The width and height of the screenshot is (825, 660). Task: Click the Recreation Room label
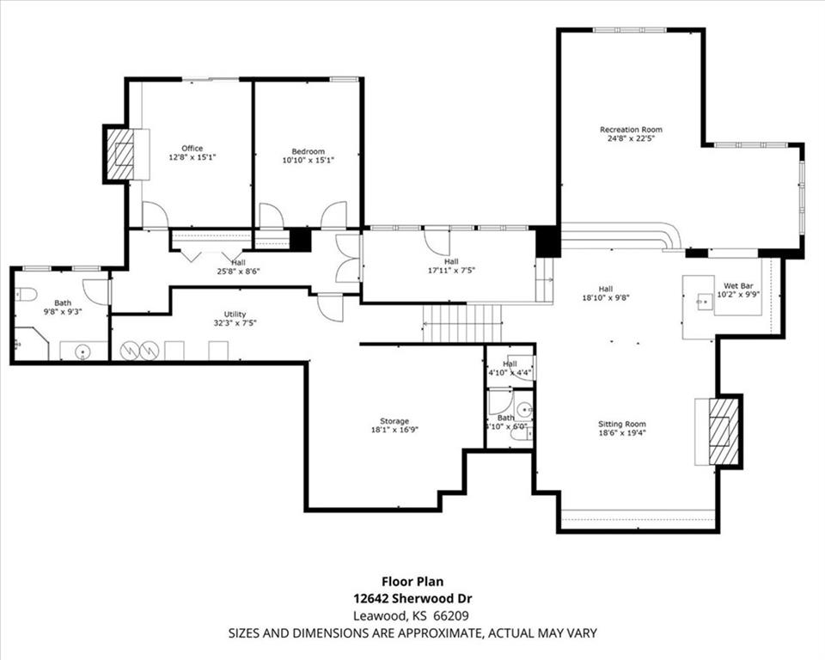pyautogui.click(x=631, y=130)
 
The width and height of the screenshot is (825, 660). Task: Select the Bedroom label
pyautogui.click(x=308, y=151)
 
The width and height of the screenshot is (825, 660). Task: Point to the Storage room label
pyautogui.click(x=395, y=420)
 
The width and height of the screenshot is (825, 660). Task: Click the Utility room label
pyautogui.click(x=235, y=315)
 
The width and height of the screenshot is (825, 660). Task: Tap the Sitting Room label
pyautogui.click(x=622, y=424)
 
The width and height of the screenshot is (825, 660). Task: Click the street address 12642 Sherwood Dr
pyautogui.click(x=412, y=598)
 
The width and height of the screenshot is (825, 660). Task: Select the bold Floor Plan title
pyautogui.click(x=412, y=582)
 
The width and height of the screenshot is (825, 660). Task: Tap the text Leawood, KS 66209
pyautogui.click(x=412, y=615)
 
